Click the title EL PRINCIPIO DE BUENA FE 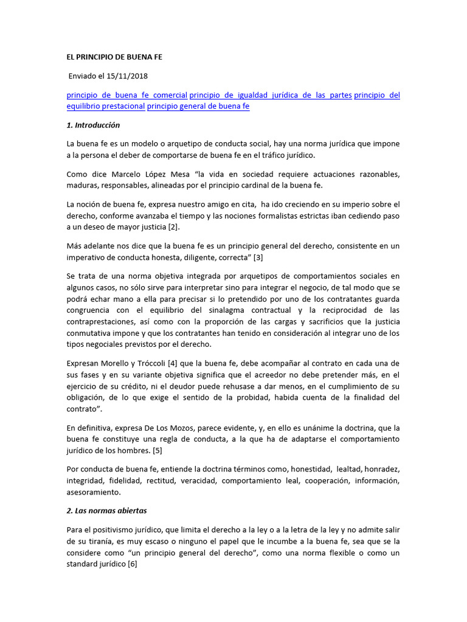click(114, 57)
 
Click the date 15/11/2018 click(128, 76)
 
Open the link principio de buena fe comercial click(126, 95)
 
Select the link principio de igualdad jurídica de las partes click(271, 95)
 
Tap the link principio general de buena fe click(198, 106)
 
